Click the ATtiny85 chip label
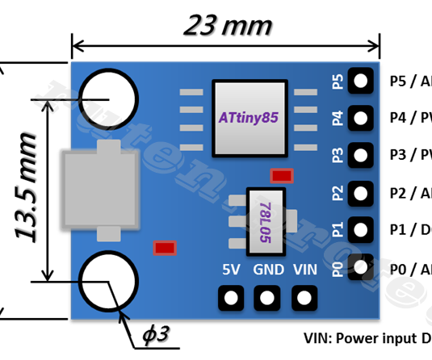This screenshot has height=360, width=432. click(x=248, y=117)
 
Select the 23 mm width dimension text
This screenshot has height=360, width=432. click(x=228, y=26)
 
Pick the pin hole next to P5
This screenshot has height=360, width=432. click(x=359, y=80)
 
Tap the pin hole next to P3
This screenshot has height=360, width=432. click(x=359, y=153)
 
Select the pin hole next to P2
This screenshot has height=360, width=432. click(x=359, y=191)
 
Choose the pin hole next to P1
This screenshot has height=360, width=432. click(x=359, y=228)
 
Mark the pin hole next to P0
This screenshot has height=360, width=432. click(x=359, y=266)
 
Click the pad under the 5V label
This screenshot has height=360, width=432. click(x=231, y=298)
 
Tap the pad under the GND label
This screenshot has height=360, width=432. click(x=267, y=298)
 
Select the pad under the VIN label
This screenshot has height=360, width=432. click(x=304, y=298)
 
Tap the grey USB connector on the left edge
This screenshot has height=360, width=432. click(x=94, y=190)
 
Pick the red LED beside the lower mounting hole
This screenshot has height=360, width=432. click(x=165, y=247)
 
